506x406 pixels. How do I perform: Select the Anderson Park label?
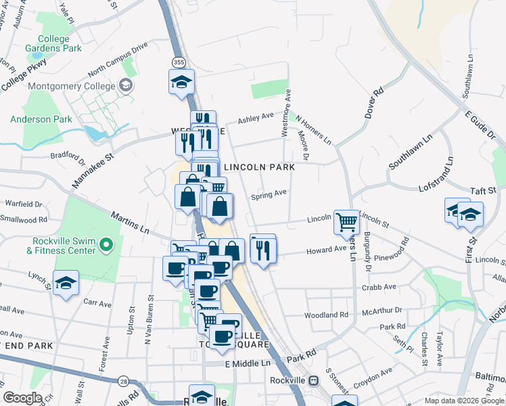41,119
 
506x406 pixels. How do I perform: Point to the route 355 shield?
177,62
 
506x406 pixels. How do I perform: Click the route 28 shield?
123,382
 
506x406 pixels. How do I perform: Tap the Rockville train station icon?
314,380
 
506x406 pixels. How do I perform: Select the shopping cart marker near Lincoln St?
346,221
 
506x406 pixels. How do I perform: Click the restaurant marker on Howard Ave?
262,249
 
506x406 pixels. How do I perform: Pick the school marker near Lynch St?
66,284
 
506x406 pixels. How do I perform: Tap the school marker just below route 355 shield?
181,83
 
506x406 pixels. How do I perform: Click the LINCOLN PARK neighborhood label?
259,167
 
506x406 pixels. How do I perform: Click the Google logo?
22,398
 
